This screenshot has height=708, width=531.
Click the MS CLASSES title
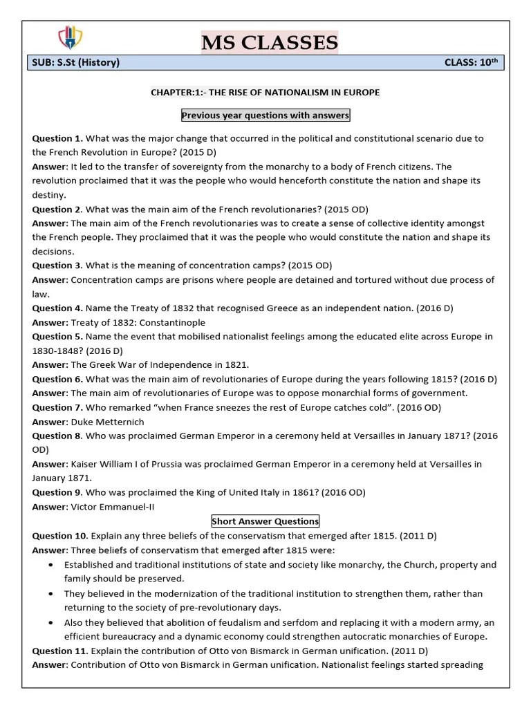pyautogui.click(x=270, y=43)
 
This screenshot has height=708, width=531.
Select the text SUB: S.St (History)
pyautogui.click(x=76, y=63)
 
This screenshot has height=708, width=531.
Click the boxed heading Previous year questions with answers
pyautogui.click(x=265, y=115)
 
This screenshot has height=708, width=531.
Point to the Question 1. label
pyautogui.click(x=57, y=138)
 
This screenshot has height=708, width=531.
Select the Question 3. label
pyautogui.click(x=57, y=265)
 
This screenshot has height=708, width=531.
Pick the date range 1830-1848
pyautogui.click(x=56, y=351)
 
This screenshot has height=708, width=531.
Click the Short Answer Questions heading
pyautogui.click(x=265, y=521)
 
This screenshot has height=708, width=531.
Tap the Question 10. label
pyautogui.click(x=60, y=535)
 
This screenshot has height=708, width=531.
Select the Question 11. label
pyautogui.click(x=60, y=651)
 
